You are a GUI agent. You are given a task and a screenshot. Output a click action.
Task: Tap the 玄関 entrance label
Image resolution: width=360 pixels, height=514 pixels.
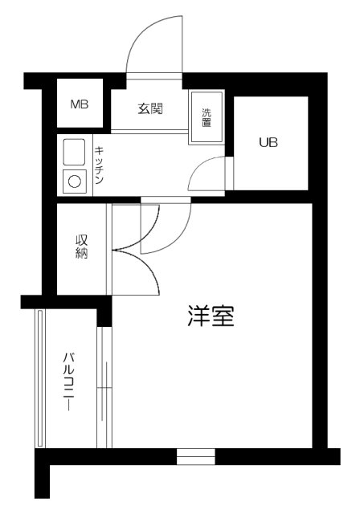tap(150, 108)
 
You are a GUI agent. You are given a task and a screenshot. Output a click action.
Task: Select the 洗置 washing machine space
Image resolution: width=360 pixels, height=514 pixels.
tap(207, 118)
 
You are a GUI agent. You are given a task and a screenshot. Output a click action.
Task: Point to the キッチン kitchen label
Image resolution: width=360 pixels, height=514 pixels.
tap(99, 166)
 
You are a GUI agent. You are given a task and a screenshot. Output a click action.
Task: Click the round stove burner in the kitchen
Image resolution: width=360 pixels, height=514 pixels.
tap(74, 182)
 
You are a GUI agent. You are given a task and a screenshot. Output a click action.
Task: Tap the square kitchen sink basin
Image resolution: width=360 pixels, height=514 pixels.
tap(74, 152)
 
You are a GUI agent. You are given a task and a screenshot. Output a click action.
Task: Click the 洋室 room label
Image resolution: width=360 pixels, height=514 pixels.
tap(211, 316)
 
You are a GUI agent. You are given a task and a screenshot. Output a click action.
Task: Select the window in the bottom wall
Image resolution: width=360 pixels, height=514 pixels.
tap(196, 457)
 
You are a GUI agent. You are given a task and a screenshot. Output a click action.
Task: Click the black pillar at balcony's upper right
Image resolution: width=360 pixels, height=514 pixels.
tap(104, 312)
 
